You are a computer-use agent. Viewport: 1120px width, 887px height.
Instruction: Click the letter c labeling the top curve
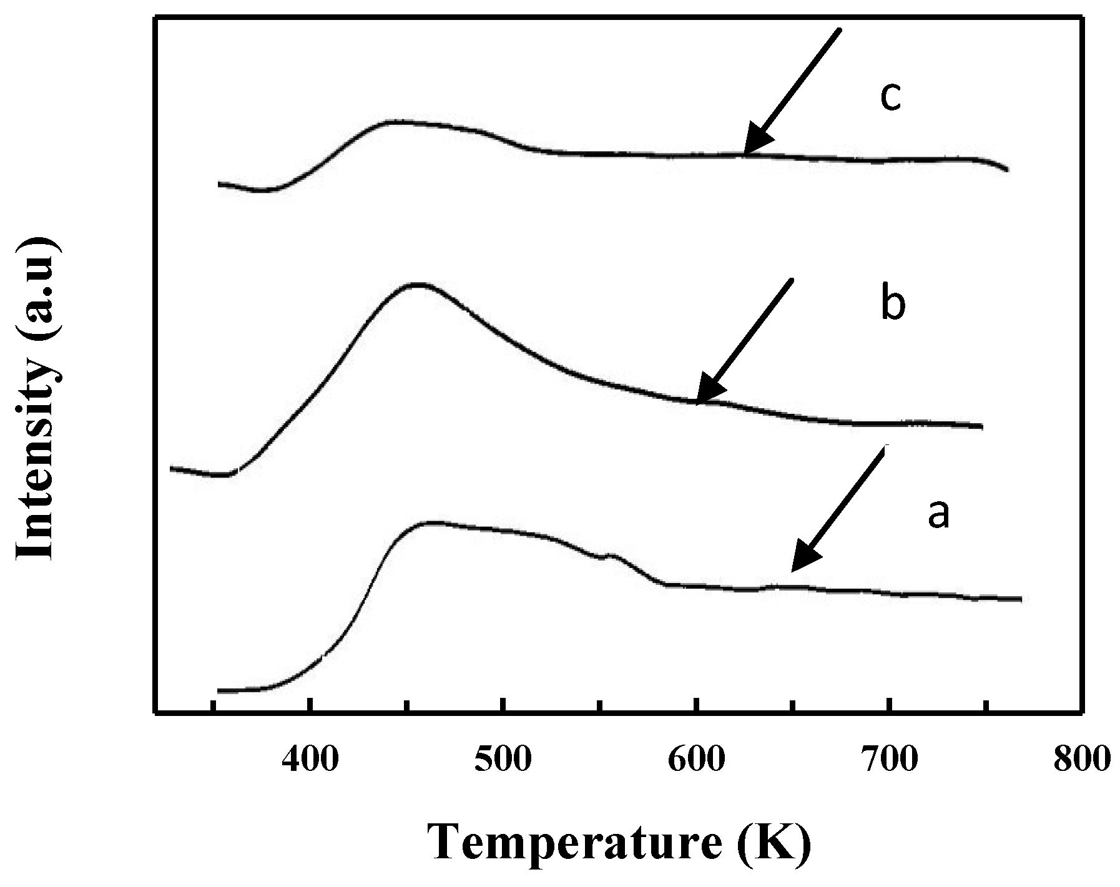890,97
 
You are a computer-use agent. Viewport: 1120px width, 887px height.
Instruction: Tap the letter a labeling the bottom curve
938,514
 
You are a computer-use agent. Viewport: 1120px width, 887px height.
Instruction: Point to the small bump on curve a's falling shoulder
611,555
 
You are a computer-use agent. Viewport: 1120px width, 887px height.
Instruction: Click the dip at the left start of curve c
262,190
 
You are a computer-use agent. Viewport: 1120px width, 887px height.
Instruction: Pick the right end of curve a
1020,599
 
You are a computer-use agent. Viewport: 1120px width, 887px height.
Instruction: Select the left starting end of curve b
172,468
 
